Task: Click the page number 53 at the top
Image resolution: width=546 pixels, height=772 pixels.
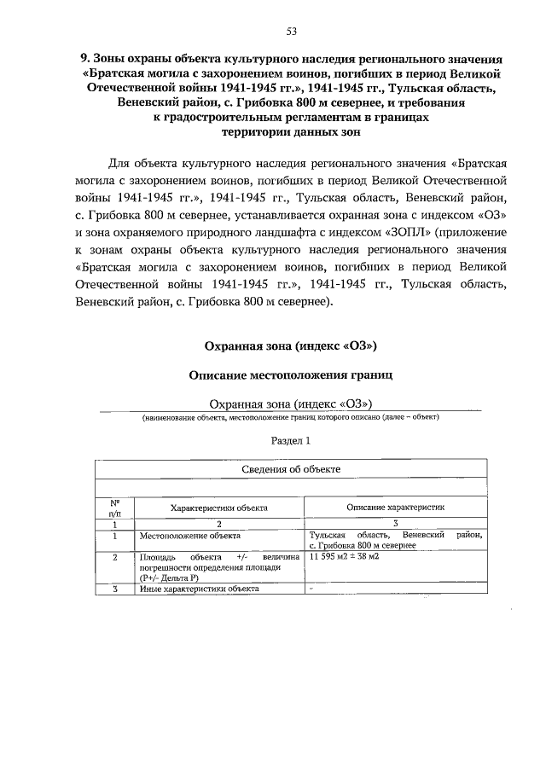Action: [x=291, y=32]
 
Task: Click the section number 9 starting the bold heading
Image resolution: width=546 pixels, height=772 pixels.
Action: [x=84, y=59]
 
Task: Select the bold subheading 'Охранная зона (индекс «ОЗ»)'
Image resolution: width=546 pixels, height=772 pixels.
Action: [x=290, y=345]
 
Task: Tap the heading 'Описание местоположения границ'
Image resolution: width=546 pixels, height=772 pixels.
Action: [x=290, y=374]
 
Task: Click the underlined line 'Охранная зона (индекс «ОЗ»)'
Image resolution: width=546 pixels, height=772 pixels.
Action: [x=290, y=403]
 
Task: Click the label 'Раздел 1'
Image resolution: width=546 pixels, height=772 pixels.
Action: [x=290, y=441]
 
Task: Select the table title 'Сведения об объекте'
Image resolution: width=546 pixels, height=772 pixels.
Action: [x=290, y=469]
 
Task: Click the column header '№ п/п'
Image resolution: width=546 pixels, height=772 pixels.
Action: [x=114, y=508]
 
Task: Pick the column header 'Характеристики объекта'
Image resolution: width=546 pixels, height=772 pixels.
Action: [x=219, y=508]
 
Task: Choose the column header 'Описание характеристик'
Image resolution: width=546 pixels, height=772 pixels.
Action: [x=395, y=507]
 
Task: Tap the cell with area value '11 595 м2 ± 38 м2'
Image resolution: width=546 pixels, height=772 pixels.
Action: [x=345, y=555]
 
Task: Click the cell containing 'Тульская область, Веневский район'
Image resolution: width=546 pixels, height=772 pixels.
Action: [x=395, y=539]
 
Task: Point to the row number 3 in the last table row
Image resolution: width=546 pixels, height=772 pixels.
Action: [x=114, y=589]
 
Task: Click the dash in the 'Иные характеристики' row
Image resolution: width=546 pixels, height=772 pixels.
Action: [x=311, y=589]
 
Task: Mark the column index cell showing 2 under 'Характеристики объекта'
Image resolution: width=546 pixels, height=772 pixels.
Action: [x=219, y=522]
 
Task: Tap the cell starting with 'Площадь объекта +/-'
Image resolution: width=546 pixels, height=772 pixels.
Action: [x=219, y=566]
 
